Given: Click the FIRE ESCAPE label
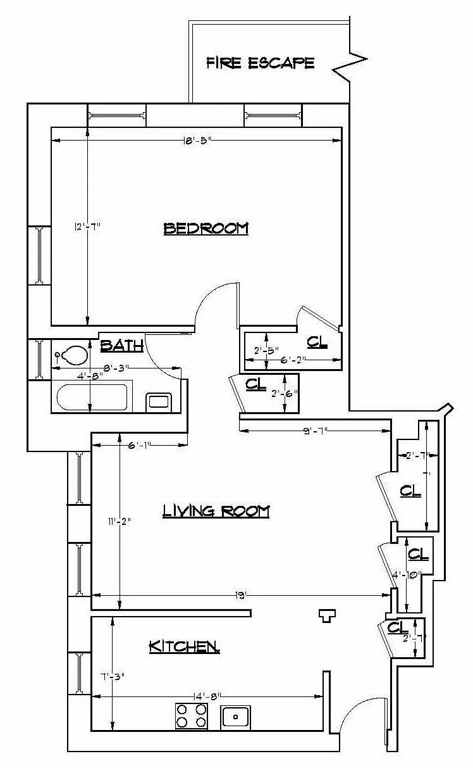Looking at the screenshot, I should click(x=260, y=63).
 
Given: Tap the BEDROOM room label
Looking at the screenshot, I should click(x=206, y=228).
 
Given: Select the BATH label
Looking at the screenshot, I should click(x=121, y=345).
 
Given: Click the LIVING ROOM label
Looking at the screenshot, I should click(x=216, y=510).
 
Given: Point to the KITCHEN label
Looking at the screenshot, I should click(x=184, y=646).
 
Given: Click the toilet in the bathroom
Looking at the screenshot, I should click(x=72, y=355).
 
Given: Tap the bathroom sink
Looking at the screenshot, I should click(x=159, y=401).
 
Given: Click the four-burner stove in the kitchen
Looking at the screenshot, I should click(x=192, y=716).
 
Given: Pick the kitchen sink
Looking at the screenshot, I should click(x=235, y=717).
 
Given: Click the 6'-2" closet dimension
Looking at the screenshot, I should click(x=293, y=360).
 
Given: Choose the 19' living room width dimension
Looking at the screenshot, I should click(x=240, y=595).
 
